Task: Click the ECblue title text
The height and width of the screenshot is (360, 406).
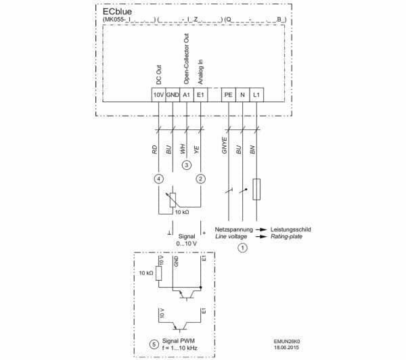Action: click(x=118, y=11)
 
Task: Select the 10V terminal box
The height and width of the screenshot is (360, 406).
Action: click(x=158, y=95)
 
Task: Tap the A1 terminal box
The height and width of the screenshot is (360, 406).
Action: click(x=186, y=95)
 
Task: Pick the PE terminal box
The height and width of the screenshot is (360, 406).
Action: click(x=228, y=95)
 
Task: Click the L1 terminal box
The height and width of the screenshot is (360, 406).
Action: click(x=256, y=95)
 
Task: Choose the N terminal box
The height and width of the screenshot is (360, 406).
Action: click(x=242, y=95)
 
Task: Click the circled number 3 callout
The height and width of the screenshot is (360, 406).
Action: click(x=186, y=164)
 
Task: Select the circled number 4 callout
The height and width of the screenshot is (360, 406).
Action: click(x=158, y=179)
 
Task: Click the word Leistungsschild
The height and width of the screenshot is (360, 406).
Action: click(x=292, y=229)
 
